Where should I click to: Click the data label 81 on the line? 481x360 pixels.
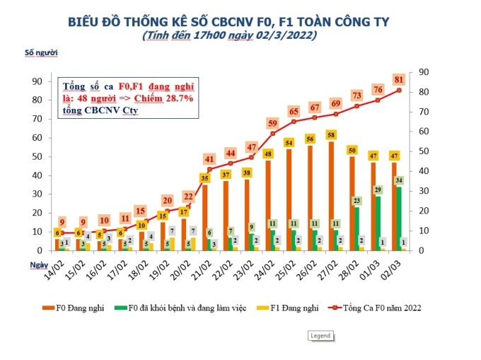[x=400, y=79]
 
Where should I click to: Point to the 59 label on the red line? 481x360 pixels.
[x=272, y=123]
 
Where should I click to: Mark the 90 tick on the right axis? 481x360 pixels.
[x=424, y=71]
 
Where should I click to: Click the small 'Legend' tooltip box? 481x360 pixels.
[x=319, y=336]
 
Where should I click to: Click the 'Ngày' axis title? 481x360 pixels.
[x=39, y=263]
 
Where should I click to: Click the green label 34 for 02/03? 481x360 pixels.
[x=400, y=180]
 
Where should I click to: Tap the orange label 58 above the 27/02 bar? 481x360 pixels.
[x=330, y=134]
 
